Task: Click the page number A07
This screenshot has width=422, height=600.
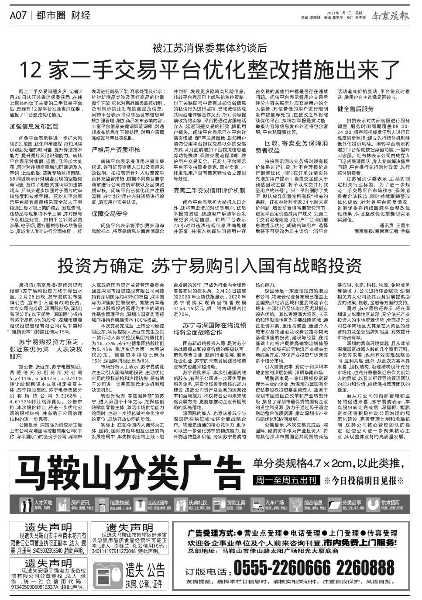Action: pos(18,16)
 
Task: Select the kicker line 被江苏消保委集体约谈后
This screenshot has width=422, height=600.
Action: pos(209,48)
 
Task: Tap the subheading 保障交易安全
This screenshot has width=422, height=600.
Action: pos(110,214)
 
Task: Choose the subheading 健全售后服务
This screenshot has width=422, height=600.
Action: pos(355,109)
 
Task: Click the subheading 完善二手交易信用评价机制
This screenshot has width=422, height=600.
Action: pos(209,191)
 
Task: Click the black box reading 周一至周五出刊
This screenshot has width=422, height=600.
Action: pos(286,480)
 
